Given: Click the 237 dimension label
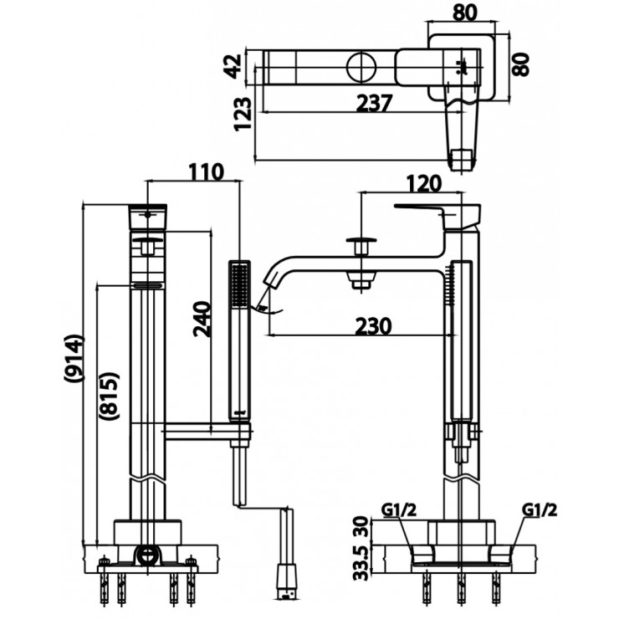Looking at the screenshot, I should click(374, 103).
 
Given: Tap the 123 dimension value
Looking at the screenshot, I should click(243, 115).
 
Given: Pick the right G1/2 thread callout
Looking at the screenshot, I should click(540, 509).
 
